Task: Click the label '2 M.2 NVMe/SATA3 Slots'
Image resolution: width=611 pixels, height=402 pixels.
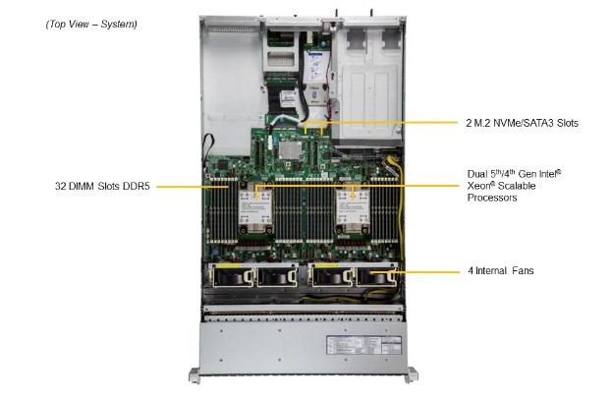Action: (521, 124)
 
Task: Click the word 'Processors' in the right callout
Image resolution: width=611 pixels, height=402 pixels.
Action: (492, 198)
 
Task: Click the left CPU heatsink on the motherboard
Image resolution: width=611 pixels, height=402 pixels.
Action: (259, 211)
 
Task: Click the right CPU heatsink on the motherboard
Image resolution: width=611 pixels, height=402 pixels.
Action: (351, 211)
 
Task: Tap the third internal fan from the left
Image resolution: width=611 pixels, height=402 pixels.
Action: (329, 278)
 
